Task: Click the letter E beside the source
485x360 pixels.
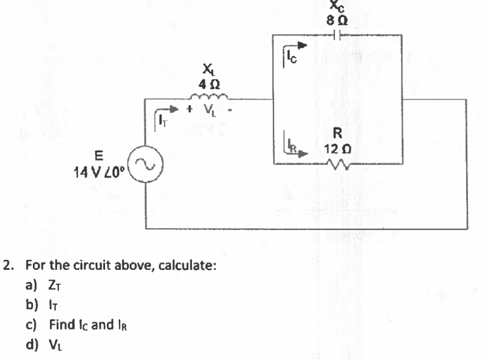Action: point(98,153)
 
